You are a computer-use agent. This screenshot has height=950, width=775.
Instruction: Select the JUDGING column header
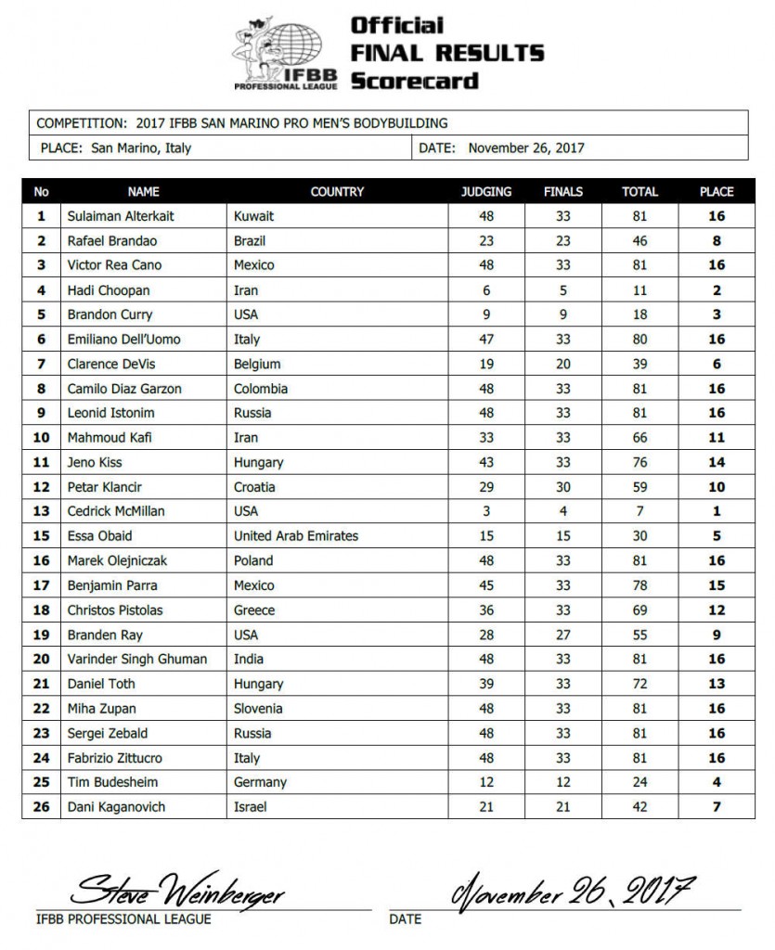486,192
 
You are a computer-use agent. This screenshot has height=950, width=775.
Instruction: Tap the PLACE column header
717,192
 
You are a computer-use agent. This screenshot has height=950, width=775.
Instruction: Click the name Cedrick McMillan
116,511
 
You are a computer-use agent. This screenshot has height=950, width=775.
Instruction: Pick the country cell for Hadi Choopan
246,290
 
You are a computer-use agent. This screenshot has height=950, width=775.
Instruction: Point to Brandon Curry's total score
639,315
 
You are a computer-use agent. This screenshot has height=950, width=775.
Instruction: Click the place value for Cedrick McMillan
717,511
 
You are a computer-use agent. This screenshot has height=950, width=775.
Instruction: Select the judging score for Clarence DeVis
486,364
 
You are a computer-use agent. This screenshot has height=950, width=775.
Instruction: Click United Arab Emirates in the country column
296,535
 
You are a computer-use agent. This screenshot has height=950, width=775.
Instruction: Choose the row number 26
41,806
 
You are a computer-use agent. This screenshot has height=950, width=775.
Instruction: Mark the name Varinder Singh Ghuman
136,659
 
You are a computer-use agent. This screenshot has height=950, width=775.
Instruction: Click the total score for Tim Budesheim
639,782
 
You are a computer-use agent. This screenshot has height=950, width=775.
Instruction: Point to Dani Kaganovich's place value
717,806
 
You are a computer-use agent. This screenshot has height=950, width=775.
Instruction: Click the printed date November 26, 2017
526,148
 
